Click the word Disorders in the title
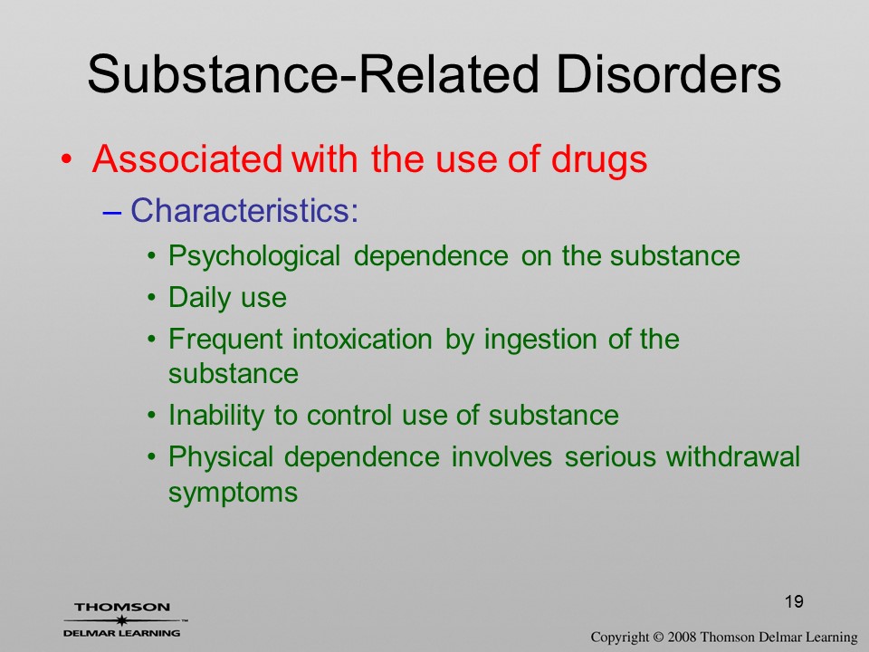pos(668,74)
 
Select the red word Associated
pos(186,159)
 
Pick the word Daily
pos(198,298)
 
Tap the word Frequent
pos(225,340)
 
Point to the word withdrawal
pos(733,456)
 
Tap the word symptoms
pos(233,493)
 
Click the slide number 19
pos(794,601)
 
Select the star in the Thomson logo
pos(120,620)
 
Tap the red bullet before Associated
pos(66,159)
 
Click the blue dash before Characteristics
pos(111,212)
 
